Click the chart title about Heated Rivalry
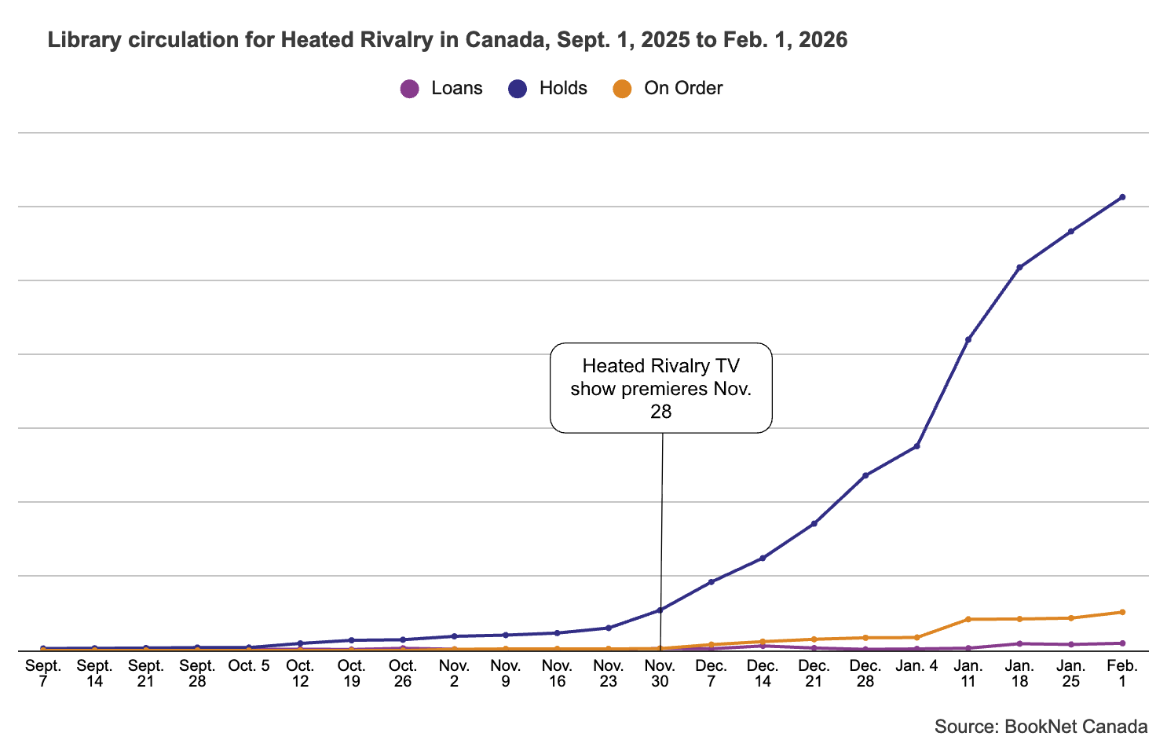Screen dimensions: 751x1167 (447, 40)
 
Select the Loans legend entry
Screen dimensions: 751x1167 (441, 88)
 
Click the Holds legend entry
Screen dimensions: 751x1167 (548, 88)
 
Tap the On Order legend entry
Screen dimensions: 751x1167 (668, 88)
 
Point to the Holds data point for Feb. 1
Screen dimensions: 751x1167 (1122, 197)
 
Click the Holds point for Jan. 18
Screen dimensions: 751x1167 (1019, 268)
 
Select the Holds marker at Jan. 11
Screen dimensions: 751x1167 (968, 339)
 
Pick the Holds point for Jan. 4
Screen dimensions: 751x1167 (916, 446)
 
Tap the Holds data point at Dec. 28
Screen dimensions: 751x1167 (865, 475)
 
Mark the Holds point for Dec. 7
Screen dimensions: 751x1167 (712, 582)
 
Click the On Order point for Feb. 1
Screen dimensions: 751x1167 (1122, 612)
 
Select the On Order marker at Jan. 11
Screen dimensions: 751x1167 (968, 619)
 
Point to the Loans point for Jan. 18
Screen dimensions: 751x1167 (1019, 643)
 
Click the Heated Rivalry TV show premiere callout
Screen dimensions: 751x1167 (661, 387)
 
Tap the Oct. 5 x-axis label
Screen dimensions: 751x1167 (248, 666)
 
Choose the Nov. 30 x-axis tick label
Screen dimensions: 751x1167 (660, 673)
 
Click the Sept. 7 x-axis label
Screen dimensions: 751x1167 (43, 673)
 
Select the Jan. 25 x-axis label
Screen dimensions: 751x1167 (1071, 673)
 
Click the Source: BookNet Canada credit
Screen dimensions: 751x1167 (1041, 727)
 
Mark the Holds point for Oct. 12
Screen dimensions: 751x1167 (300, 643)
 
